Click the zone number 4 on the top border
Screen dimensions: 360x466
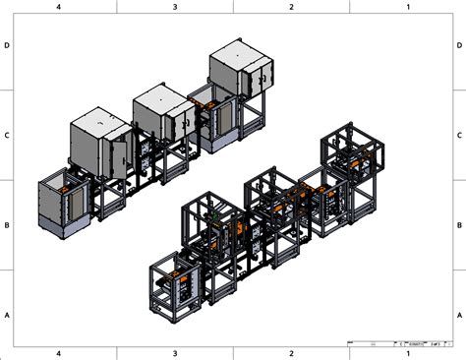[59, 7]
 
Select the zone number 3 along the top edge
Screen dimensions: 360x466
[175, 7]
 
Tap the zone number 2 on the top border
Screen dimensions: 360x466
[291, 7]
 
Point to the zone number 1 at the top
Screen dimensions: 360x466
[407, 7]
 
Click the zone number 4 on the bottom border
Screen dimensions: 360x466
[59, 352]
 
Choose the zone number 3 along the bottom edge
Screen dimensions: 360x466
[175, 352]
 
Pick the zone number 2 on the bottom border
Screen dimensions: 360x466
[291, 352]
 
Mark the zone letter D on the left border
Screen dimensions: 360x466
[7, 45]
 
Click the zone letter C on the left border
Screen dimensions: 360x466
[7, 135]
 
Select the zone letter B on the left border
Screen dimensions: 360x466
[7, 224]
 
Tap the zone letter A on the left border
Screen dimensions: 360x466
[7, 314]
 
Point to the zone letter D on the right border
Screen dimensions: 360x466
[459, 45]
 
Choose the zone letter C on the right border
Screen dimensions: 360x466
[459, 135]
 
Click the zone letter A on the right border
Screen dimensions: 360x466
[459, 314]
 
